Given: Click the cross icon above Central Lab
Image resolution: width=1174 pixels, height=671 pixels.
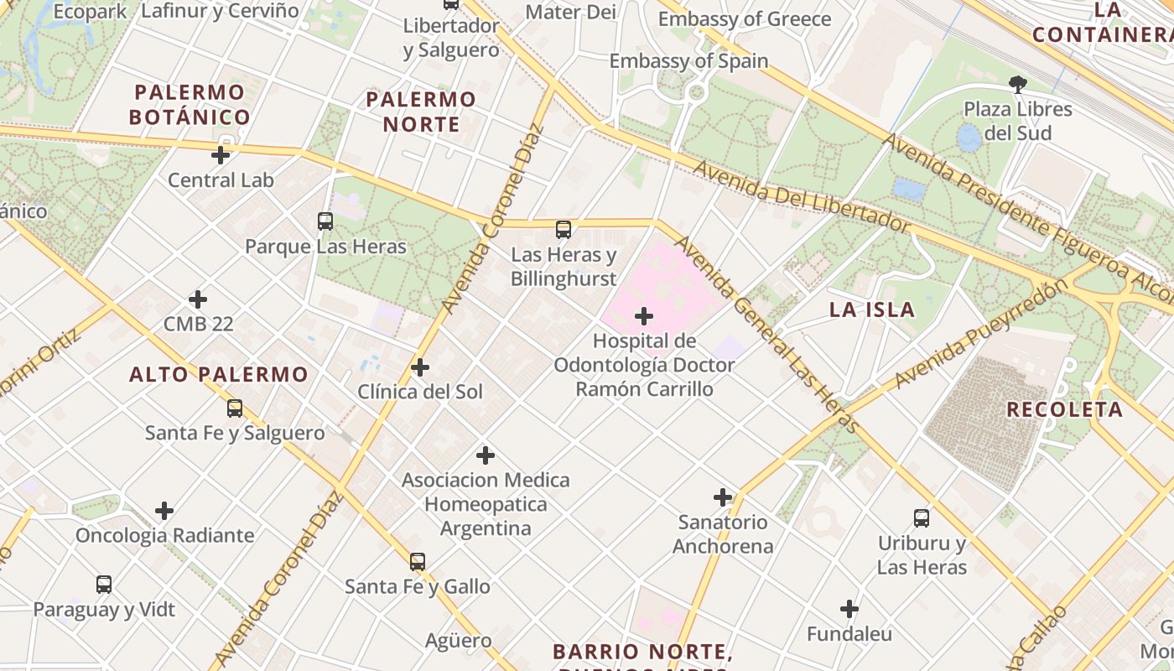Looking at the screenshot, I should click(x=221, y=155).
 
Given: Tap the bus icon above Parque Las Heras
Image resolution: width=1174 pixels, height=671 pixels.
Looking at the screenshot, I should click(x=325, y=221).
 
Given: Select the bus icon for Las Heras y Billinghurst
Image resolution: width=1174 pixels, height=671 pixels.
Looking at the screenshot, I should click(x=564, y=230).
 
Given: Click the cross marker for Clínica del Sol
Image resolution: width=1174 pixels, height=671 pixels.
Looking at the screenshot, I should click(x=420, y=367).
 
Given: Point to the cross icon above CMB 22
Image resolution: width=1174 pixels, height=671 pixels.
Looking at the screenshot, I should click(x=198, y=299).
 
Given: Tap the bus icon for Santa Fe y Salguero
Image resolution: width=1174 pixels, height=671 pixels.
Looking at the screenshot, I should click(x=235, y=408).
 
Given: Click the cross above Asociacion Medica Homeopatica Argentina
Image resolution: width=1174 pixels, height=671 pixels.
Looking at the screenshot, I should click(x=486, y=455).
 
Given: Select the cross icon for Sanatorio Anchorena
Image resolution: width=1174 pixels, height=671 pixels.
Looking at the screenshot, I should click(x=723, y=497).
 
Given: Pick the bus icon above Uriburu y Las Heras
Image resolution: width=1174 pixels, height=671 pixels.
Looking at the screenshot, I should click(x=922, y=518).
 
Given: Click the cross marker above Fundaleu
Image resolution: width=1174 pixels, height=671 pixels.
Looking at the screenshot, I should click(x=849, y=609).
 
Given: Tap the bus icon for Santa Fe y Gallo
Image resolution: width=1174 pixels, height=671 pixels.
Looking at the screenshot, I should click(x=418, y=562).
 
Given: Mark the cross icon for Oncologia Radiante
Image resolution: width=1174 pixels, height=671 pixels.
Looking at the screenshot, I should click(x=164, y=511).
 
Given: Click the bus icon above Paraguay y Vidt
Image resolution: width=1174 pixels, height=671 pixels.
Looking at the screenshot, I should click(x=104, y=585).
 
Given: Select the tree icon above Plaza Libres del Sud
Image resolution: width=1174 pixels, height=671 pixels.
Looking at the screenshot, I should click(x=1018, y=84).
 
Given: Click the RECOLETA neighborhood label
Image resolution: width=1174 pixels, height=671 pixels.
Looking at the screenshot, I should click(x=1064, y=409).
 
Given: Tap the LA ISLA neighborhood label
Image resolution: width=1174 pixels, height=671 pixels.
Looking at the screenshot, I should click(x=871, y=309).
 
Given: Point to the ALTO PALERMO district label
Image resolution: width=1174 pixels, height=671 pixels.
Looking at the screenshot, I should click(x=219, y=374).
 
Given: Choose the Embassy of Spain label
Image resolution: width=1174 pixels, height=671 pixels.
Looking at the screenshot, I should click(x=688, y=60).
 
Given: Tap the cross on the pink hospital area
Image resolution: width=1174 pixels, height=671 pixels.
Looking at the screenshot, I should click(x=644, y=316).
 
